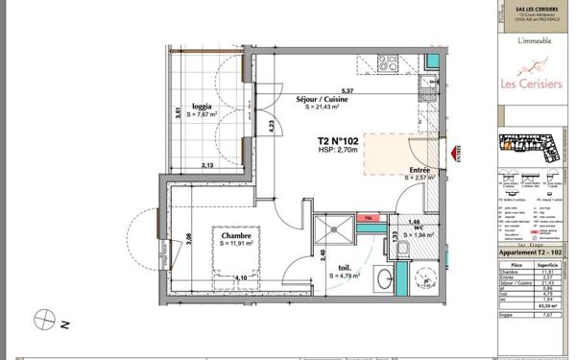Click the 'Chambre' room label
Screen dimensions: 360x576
[x=236, y=235]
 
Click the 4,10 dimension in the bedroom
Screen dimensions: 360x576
[x=240, y=278]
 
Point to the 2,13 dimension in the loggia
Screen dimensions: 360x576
[x=206, y=165]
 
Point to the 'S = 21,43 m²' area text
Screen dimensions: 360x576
[x=324, y=108]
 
